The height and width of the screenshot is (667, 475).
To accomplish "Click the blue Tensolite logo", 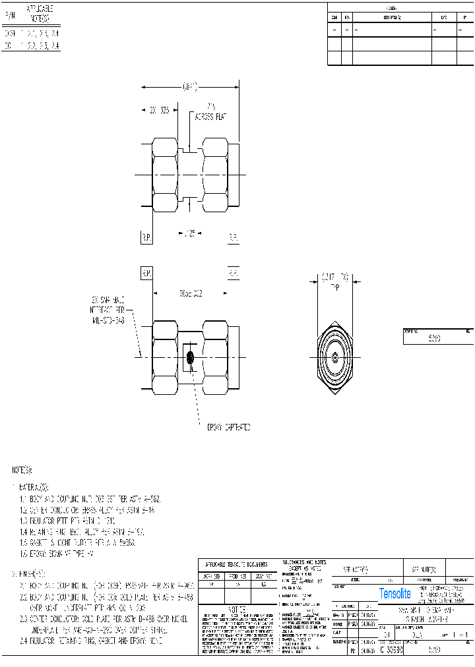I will click(x=395, y=594).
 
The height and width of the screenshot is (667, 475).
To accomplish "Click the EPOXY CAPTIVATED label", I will click(x=228, y=428).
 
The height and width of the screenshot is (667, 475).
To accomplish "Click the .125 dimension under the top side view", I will click(x=189, y=233).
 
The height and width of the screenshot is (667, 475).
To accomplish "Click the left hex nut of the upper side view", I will click(x=165, y=175).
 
